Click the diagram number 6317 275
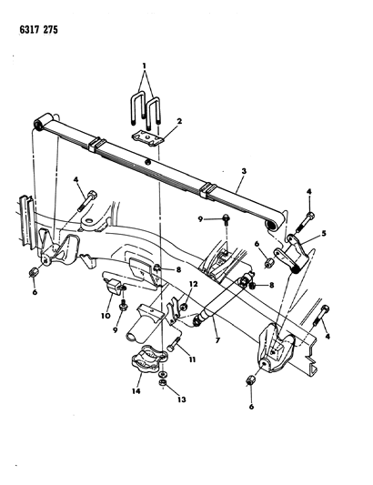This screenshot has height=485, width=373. (x=38, y=30)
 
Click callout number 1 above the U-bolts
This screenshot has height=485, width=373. (x=144, y=66)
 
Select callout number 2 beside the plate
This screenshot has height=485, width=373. (x=179, y=121)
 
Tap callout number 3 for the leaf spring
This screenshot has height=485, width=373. (x=244, y=171)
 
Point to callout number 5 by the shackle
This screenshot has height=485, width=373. (x=324, y=233)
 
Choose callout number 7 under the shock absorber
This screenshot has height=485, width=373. (x=217, y=340)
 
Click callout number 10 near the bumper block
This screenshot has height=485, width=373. (x=106, y=316)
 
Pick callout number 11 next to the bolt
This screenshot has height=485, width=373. (x=192, y=359)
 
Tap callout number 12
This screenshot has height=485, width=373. (x=194, y=284)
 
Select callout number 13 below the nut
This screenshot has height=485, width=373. (x=182, y=399)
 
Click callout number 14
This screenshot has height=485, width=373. (x=136, y=391)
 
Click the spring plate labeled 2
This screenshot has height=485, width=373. (x=147, y=138)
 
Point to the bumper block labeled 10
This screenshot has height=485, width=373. (x=114, y=286)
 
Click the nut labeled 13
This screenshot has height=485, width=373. (x=163, y=383)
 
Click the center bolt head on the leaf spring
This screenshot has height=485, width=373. (x=148, y=161)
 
